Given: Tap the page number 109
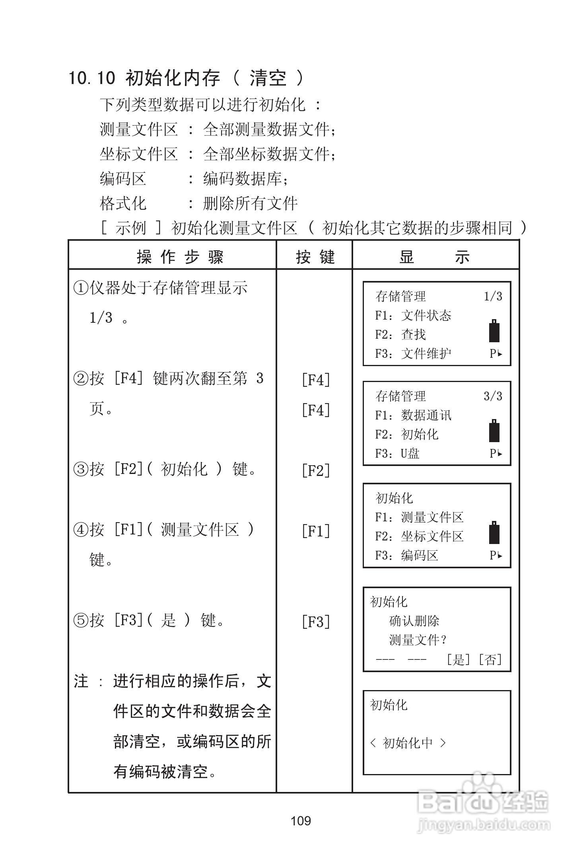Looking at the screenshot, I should pyautogui.click(x=301, y=821).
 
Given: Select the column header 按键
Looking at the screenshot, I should pyautogui.click(x=315, y=257).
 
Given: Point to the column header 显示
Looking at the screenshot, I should pyautogui.click(x=435, y=257).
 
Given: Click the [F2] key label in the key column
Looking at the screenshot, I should pyautogui.click(x=316, y=470).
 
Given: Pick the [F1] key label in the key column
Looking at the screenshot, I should pyautogui.click(x=316, y=531).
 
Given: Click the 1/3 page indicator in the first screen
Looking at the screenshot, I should pyautogui.click(x=493, y=296).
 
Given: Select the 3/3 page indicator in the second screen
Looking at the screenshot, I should pyautogui.click(x=493, y=396).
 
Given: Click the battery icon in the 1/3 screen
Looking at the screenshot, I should pyautogui.click(x=494, y=331).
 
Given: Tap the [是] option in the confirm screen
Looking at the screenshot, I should pyautogui.click(x=459, y=660).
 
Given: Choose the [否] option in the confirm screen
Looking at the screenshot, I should pyautogui.click(x=490, y=660).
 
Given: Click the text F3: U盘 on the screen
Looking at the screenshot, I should pyautogui.click(x=397, y=453).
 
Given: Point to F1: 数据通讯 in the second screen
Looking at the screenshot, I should pyautogui.click(x=413, y=415).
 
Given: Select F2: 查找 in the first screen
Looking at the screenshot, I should pyautogui.click(x=400, y=335).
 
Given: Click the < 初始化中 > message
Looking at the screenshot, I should pyautogui.click(x=408, y=743).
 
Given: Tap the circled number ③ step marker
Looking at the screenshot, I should pyautogui.click(x=81, y=470).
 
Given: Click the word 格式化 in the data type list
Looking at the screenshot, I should pyautogui.click(x=123, y=204).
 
